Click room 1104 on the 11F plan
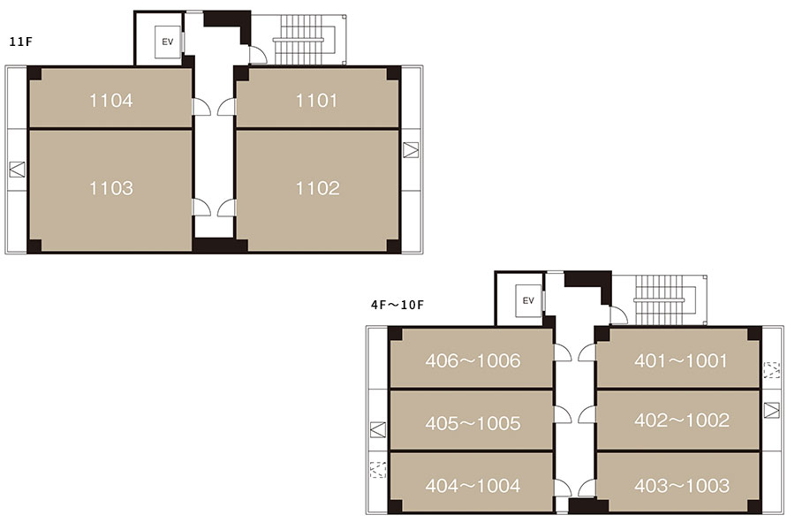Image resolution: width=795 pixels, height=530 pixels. (110, 97)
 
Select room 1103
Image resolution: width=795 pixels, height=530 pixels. (110, 191)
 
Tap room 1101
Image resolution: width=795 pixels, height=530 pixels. (317, 97)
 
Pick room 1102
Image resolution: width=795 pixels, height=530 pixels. (317, 191)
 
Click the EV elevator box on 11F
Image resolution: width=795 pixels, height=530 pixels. (167, 42)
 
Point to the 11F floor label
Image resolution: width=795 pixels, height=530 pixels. (21, 42)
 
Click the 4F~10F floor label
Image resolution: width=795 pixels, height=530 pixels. (397, 305)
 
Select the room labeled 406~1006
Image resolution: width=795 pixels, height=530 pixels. (472, 358)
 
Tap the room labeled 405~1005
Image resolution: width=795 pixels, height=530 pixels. (472, 420)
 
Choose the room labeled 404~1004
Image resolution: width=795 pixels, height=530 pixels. (472, 482)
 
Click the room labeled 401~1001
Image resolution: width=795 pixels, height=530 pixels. (678, 358)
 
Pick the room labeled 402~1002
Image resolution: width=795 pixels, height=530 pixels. (678, 420)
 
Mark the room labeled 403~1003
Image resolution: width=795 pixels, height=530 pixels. (678, 482)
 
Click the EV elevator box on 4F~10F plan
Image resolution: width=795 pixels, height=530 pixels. (528, 301)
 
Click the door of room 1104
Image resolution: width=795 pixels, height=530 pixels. (201, 107)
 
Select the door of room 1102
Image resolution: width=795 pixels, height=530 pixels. (227, 208)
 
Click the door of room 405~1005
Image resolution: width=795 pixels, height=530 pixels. (563, 414)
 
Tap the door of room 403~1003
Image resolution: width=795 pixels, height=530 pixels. (587, 488)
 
